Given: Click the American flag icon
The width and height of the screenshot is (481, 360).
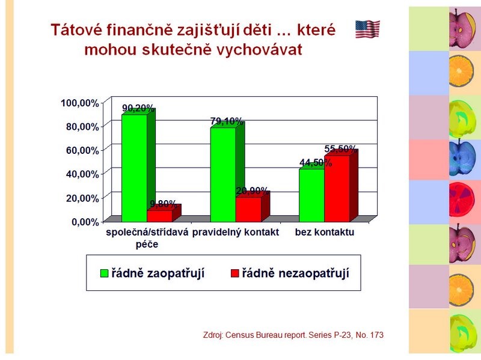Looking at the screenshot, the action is [367, 29].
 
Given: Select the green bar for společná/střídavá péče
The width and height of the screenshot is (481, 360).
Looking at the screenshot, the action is [134, 168].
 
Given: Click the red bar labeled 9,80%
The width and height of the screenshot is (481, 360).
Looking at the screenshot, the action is [159, 216].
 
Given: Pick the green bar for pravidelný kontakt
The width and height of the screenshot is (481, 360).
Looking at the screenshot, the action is [223, 175].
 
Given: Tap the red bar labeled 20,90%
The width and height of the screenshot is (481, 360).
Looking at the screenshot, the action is [248, 209].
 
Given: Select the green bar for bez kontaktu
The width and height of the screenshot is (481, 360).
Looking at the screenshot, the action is [311, 195].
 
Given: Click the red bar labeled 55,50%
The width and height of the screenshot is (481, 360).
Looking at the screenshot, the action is [337, 189].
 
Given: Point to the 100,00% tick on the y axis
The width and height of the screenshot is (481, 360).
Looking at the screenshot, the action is [80, 103].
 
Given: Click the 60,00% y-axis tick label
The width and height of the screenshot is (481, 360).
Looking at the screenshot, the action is [82, 151].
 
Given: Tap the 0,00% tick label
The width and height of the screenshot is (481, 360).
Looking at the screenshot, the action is [85, 222].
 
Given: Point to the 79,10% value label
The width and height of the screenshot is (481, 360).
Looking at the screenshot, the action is [227, 121].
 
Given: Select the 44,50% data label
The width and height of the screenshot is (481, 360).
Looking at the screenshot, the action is [316, 162].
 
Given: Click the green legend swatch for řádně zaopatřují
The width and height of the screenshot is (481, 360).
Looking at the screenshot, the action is [105, 273].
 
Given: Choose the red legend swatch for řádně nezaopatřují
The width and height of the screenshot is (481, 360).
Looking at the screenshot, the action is [235, 273].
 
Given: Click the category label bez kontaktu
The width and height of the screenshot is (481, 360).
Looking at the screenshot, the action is [325, 232].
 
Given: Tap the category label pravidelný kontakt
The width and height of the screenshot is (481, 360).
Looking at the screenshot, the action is [236, 233].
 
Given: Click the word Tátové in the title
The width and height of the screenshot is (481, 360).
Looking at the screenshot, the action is [77, 30].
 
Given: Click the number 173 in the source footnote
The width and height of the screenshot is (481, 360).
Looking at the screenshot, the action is [377, 335].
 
